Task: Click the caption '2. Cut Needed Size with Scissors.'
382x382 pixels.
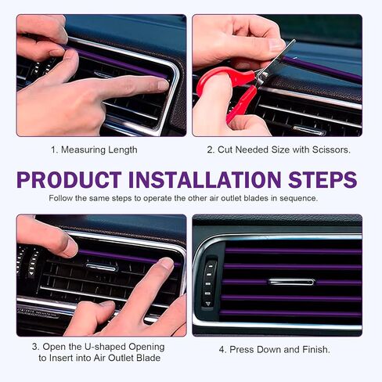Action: (277, 149)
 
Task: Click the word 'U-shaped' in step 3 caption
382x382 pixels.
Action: (93, 346)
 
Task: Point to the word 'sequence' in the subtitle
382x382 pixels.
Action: (295, 198)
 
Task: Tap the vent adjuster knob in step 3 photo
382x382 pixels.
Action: (102, 267)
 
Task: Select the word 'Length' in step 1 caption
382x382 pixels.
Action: (122, 149)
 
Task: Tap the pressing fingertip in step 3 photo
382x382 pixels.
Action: (165, 265)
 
